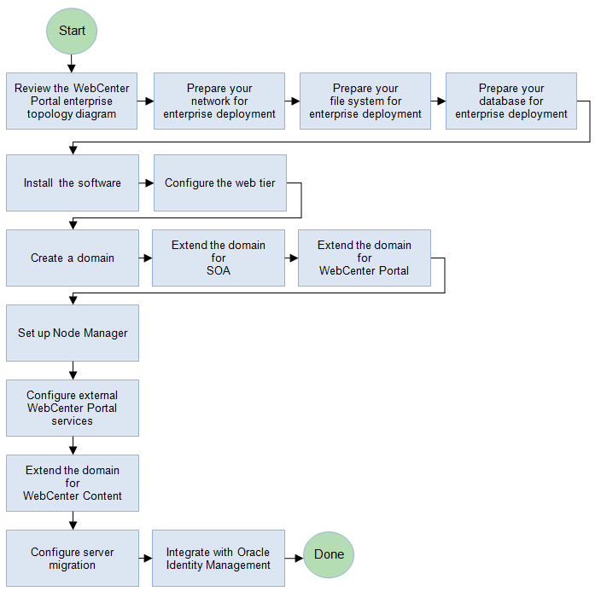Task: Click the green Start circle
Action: (72, 31)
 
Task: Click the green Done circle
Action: (329, 554)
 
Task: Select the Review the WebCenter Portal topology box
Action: (72, 101)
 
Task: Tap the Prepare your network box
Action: (219, 101)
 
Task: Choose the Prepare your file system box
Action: (365, 101)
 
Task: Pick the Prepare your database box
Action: (511, 101)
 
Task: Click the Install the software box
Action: (72, 183)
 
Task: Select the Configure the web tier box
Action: (219, 183)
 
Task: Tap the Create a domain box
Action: (72, 258)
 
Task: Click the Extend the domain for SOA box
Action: (219, 258)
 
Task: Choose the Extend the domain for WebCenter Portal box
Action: (365, 258)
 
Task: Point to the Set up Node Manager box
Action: (72, 333)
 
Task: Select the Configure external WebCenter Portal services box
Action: (72, 408)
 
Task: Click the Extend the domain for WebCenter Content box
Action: (72, 483)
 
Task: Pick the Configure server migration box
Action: (72, 558)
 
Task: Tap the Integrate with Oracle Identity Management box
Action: (219, 558)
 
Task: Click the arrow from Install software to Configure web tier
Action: (146, 183)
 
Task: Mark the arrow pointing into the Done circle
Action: (295, 558)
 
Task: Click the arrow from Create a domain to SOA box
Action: (145, 258)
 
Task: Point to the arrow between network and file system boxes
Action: (292, 101)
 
